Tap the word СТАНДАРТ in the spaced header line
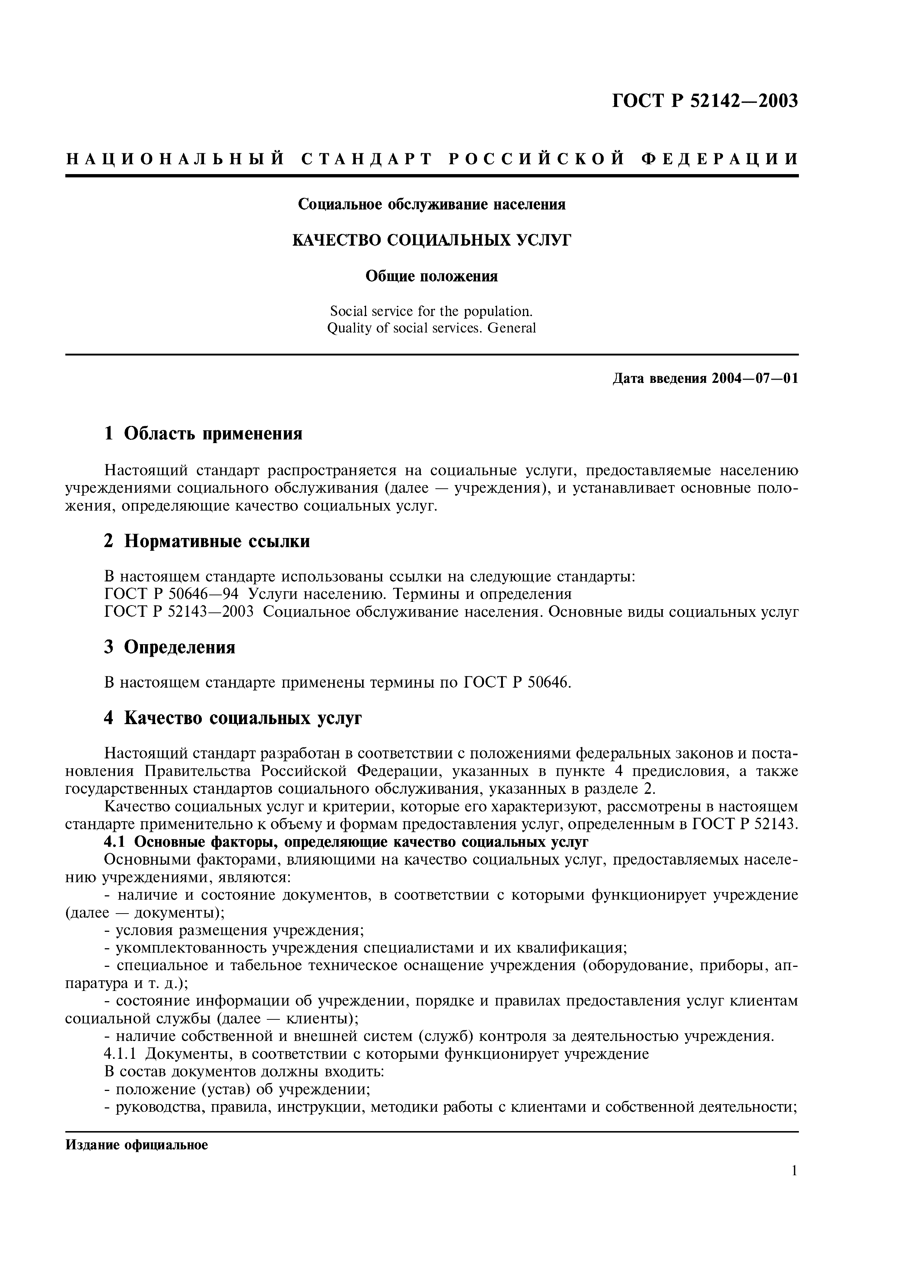pos(367,159)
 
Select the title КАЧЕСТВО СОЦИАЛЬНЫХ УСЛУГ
pos(432,240)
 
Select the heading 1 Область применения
pos(203,433)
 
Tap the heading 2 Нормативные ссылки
pos(207,541)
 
